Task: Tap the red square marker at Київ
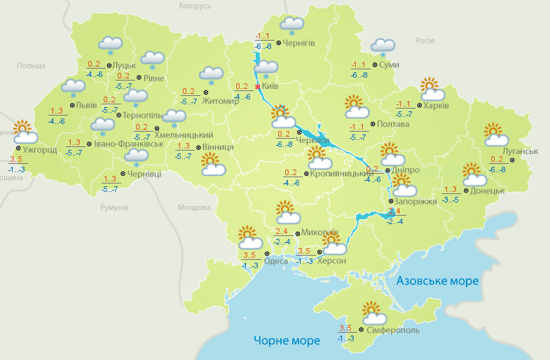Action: (x=258, y=87)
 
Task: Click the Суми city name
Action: (x=390, y=65)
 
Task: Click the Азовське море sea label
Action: (x=437, y=281)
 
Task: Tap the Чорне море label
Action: (x=287, y=340)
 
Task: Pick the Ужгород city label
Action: (x=39, y=149)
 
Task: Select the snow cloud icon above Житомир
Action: (x=211, y=74)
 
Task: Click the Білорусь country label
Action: (x=194, y=6)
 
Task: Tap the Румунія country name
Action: (x=114, y=208)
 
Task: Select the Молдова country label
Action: (x=194, y=208)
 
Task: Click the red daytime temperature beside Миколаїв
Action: (x=282, y=232)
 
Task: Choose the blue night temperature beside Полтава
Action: (x=357, y=137)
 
